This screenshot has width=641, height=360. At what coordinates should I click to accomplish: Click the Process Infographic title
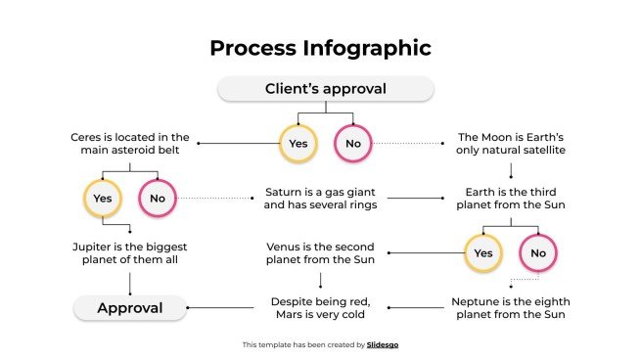tap(320, 48)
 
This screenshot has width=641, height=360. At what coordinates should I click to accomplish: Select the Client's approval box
tap(325, 89)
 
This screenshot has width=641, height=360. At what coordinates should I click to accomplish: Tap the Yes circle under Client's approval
tap(298, 144)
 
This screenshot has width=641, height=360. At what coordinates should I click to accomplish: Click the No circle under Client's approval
tap(352, 144)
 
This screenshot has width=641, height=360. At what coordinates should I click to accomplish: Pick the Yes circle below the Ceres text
tap(102, 199)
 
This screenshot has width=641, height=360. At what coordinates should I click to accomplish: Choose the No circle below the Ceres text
tap(157, 199)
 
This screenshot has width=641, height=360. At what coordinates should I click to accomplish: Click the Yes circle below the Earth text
tap(482, 253)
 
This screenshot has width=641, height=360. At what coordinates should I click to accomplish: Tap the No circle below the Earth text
tap(537, 253)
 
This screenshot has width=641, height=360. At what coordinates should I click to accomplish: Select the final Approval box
tap(129, 309)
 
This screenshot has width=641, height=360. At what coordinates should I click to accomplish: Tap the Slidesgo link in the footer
tap(383, 344)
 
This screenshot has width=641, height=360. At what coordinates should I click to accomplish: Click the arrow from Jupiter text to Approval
tap(129, 282)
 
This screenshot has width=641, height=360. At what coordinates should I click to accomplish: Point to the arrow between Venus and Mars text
tap(320, 280)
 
